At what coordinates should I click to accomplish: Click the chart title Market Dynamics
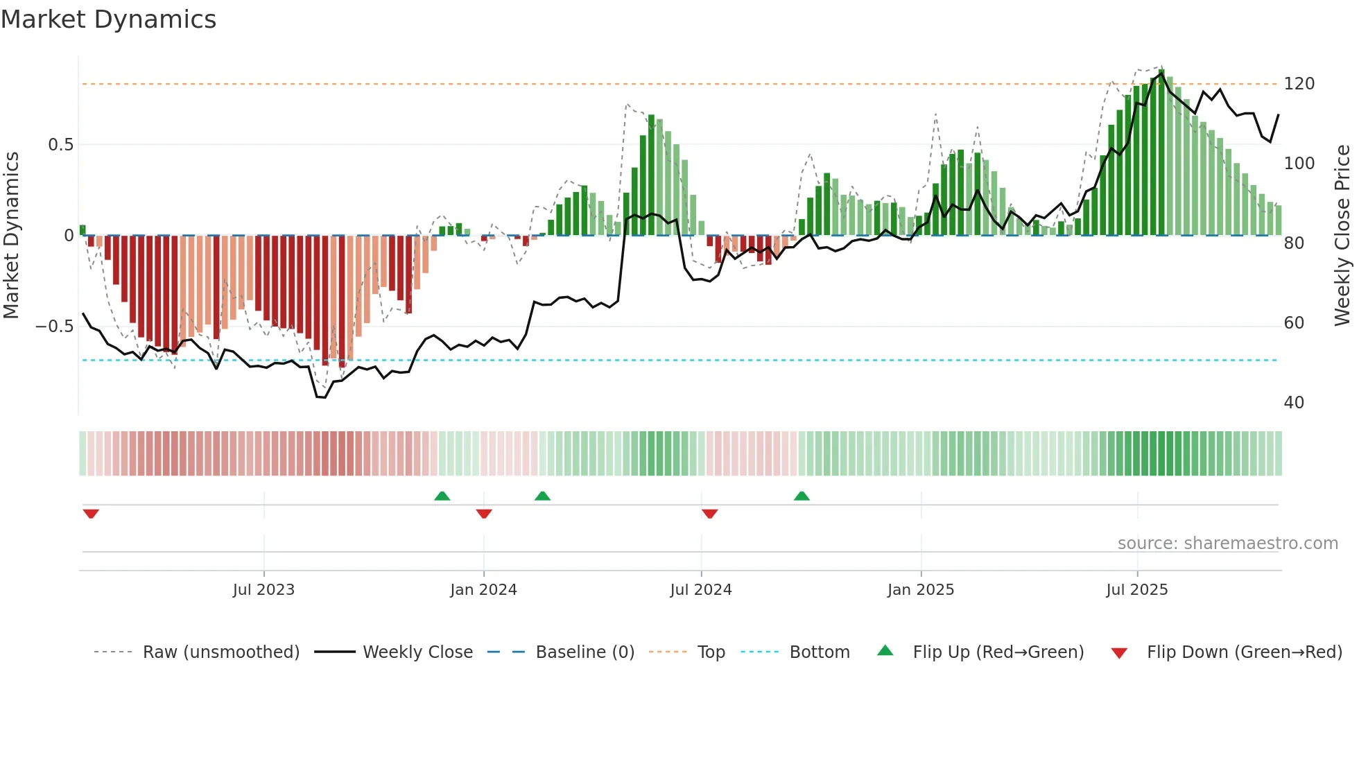(108, 19)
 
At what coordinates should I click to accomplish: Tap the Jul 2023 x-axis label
(263, 590)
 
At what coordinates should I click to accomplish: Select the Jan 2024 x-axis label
(483, 590)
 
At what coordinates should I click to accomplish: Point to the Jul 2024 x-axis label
(700, 590)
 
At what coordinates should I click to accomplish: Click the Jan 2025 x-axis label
(921, 590)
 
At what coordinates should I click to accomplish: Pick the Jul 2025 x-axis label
(1136, 590)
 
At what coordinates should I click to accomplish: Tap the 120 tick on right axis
(1299, 84)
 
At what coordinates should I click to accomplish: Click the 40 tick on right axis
(1294, 403)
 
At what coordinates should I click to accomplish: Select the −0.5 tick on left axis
(54, 327)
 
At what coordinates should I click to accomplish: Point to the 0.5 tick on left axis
(60, 145)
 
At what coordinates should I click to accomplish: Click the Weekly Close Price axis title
(1342, 236)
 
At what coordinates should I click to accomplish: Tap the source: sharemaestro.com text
(1227, 544)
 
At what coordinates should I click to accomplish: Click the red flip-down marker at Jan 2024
(484, 514)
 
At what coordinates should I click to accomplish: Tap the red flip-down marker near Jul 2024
(709, 514)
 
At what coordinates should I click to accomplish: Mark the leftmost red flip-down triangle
(91, 514)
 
